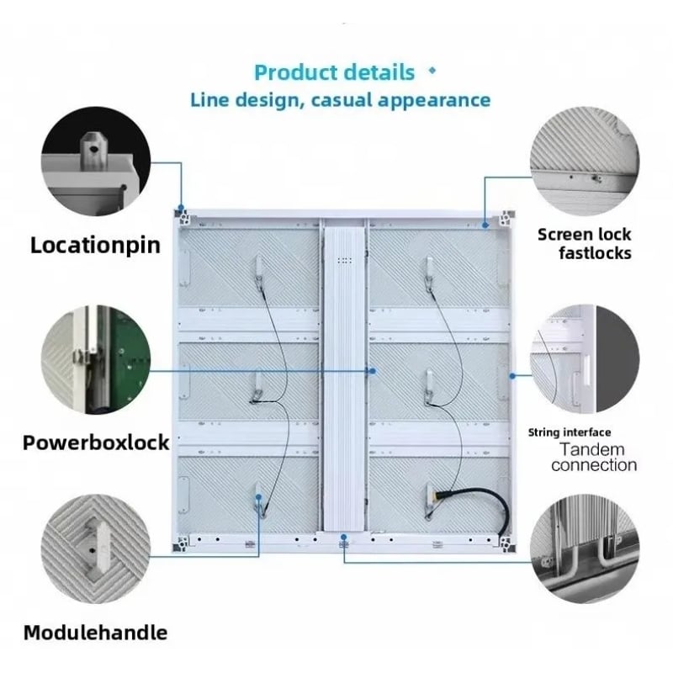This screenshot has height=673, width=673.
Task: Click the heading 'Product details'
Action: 334,72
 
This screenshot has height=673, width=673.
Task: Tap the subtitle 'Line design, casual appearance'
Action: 341,100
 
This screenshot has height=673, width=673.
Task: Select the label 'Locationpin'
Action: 95,246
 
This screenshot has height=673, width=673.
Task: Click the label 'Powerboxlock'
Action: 96,442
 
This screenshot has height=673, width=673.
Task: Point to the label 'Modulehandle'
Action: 95,633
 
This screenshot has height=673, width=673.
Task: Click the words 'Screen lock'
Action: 584,235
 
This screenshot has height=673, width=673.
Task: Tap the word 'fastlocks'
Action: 595,253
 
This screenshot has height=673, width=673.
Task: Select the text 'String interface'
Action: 570,432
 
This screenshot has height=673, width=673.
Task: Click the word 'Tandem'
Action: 592,449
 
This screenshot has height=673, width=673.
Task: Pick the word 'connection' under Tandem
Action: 594,465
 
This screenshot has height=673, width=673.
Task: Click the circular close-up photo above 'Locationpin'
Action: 96,161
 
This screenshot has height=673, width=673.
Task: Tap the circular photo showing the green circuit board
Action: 96,360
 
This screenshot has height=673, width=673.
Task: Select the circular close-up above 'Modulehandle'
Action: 96,549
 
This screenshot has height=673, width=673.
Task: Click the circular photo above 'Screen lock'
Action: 584,161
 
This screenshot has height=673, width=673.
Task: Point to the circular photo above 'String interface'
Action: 584,360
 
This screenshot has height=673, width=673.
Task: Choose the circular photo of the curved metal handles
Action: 584,549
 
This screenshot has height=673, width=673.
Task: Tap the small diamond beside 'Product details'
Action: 432,71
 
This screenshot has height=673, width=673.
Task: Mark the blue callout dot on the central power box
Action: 373,371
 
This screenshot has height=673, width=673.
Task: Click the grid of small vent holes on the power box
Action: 345,260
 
